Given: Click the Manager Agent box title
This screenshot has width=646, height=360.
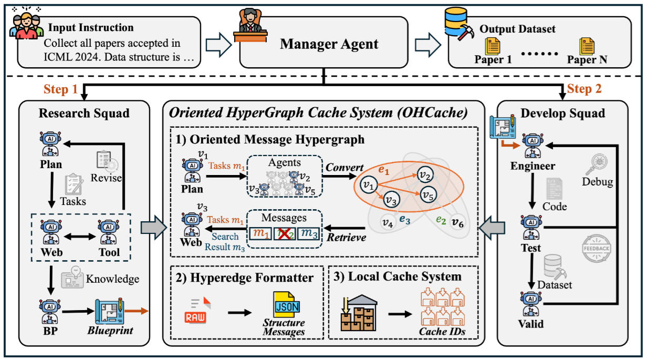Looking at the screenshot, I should pos(329,44).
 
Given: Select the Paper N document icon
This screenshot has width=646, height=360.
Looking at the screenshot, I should pos(587,46).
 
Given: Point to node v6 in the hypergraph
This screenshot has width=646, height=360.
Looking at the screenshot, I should pos(458,222).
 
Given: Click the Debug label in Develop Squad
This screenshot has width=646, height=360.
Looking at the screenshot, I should pos(597,182).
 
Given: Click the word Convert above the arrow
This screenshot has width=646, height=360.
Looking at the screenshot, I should pos(344,168).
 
